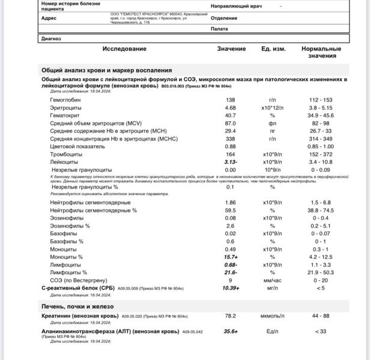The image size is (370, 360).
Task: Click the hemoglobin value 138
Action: [230, 100]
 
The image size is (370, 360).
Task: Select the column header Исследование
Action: [124, 49]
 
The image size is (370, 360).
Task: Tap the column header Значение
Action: [231, 49]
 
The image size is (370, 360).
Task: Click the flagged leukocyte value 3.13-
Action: [230, 162]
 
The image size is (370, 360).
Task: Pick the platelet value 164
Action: [230, 154]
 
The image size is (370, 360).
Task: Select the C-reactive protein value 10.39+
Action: [231, 288]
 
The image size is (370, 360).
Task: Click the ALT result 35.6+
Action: [231, 331]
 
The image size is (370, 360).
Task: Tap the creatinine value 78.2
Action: [230, 316]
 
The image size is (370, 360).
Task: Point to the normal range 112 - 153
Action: [321, 100]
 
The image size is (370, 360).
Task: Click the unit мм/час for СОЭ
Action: [272, 280]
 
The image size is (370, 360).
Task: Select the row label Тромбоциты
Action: [67, 154]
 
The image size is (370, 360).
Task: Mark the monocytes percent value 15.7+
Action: [231, 257]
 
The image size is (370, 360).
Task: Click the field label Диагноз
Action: [50, 39]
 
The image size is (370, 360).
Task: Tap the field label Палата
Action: [219, 28]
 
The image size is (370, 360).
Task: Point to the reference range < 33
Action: [321, 331]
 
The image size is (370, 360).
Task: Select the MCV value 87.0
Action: [230, 123]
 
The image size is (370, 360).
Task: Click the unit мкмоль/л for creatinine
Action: [272, 316]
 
